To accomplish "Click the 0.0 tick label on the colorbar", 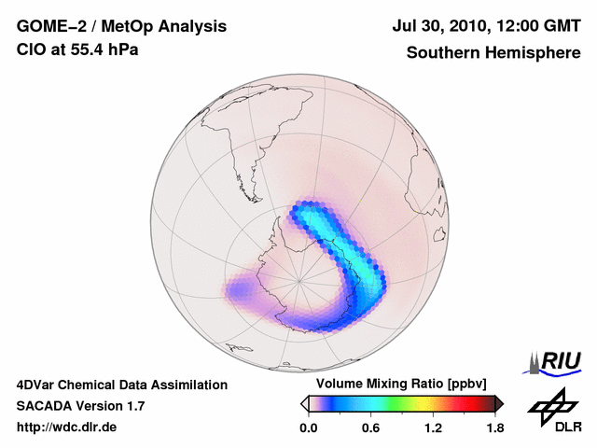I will tap(308, 428).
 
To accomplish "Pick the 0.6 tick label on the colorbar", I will tap(370, 428).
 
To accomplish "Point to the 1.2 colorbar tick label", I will tap(433, 428).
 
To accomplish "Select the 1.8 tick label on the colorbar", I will tap(494, 428).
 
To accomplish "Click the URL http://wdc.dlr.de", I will tap(67, 427).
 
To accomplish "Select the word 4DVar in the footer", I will tap(37, 385).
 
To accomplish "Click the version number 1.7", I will tap(135, 406).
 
